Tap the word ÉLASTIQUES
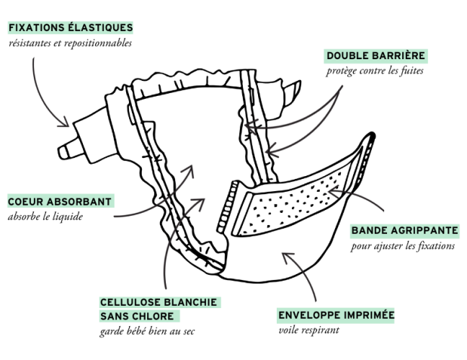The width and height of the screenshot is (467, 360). (x=101, y=27)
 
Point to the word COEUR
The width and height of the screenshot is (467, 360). (x=25, y=201)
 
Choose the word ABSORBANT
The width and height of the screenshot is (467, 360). (x=79, y=201)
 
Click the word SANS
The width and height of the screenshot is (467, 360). (x=114, y=316)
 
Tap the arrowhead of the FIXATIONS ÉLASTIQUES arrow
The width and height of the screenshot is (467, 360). (x=66, y=124)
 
